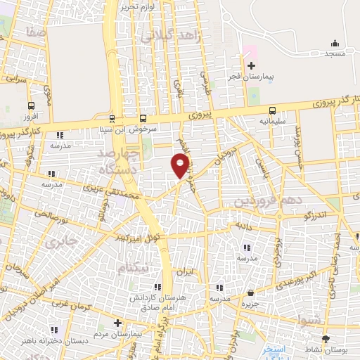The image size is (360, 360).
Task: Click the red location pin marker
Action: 180,166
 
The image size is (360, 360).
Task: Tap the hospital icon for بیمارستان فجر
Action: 251,65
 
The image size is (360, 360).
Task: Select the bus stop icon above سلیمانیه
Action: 271,110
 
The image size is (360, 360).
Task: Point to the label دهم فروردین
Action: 261,201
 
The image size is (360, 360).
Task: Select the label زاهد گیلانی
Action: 172,35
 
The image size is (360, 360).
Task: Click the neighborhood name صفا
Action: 33,32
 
